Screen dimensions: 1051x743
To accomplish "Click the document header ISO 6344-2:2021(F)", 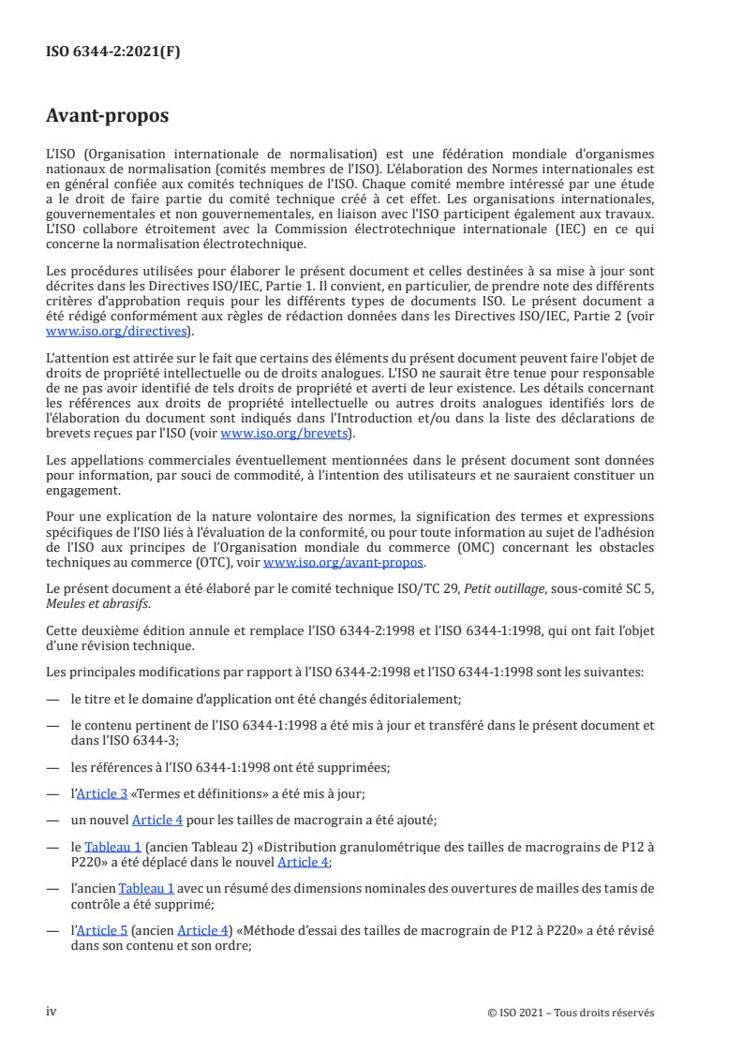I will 113,52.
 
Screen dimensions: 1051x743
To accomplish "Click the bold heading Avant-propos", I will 108,117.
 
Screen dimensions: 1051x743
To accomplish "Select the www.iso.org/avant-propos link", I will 344,563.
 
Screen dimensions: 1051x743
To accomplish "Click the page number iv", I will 52,1012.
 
